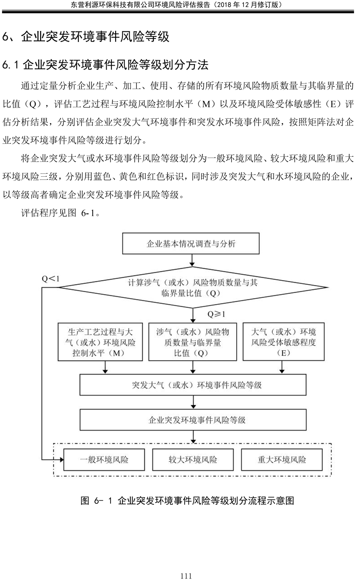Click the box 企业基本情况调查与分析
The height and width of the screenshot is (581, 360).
click(x=191, y=243)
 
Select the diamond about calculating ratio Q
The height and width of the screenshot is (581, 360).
click(x=192, y=287)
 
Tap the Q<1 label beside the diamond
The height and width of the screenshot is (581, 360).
click(x=50, y=279)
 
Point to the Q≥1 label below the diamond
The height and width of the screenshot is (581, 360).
click(x=216, y=314)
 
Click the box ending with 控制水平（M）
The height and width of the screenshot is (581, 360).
click(x=100, y=342)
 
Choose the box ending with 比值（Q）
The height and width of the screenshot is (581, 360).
click(x=193, y=342)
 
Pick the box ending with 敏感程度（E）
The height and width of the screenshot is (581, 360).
click(x=283, y=342)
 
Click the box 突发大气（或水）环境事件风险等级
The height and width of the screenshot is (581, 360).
click(x=193, y=385)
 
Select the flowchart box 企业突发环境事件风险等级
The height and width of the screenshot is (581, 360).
click(x=193, y=420)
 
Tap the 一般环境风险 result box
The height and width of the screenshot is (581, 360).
click(x=104, y=460)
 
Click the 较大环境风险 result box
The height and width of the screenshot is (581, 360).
click(x=193, y=460)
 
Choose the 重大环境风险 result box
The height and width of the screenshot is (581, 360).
click(x=282, y=460)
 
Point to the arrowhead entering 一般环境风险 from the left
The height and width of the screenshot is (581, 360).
click(x=62, y=460)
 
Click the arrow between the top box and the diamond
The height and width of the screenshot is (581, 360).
click(x=192, y=260)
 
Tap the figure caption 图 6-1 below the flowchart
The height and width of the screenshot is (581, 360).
click(x=187, y=500)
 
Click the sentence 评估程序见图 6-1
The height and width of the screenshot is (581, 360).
click(x=61, y=213)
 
